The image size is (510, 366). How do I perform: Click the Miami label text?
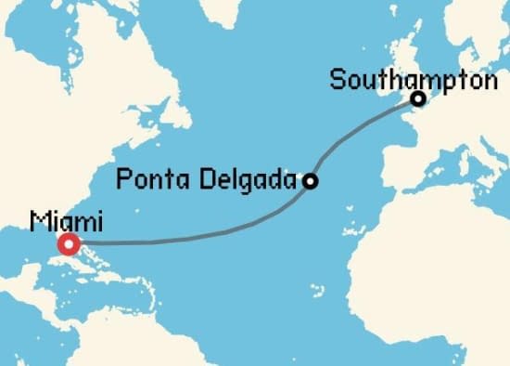tap(67, 221)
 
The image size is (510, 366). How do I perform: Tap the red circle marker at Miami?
tap(69, 245)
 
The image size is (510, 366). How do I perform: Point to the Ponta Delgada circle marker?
tap(311, 181)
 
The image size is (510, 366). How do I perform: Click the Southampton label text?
tap(413, 80)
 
